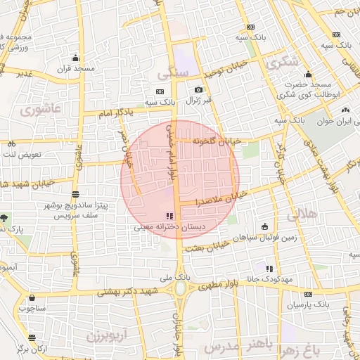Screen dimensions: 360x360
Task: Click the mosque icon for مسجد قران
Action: coord(75,58)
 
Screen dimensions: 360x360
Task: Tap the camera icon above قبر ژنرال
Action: coord(199,90)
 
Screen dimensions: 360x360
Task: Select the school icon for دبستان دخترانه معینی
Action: coord(169,216)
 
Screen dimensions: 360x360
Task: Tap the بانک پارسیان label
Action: coord(308,305)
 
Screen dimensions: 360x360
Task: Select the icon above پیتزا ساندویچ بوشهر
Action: coord(75,193)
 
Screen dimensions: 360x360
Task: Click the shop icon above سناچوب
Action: coord(32,297)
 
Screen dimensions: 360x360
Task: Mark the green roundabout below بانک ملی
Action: coord(181,289)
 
